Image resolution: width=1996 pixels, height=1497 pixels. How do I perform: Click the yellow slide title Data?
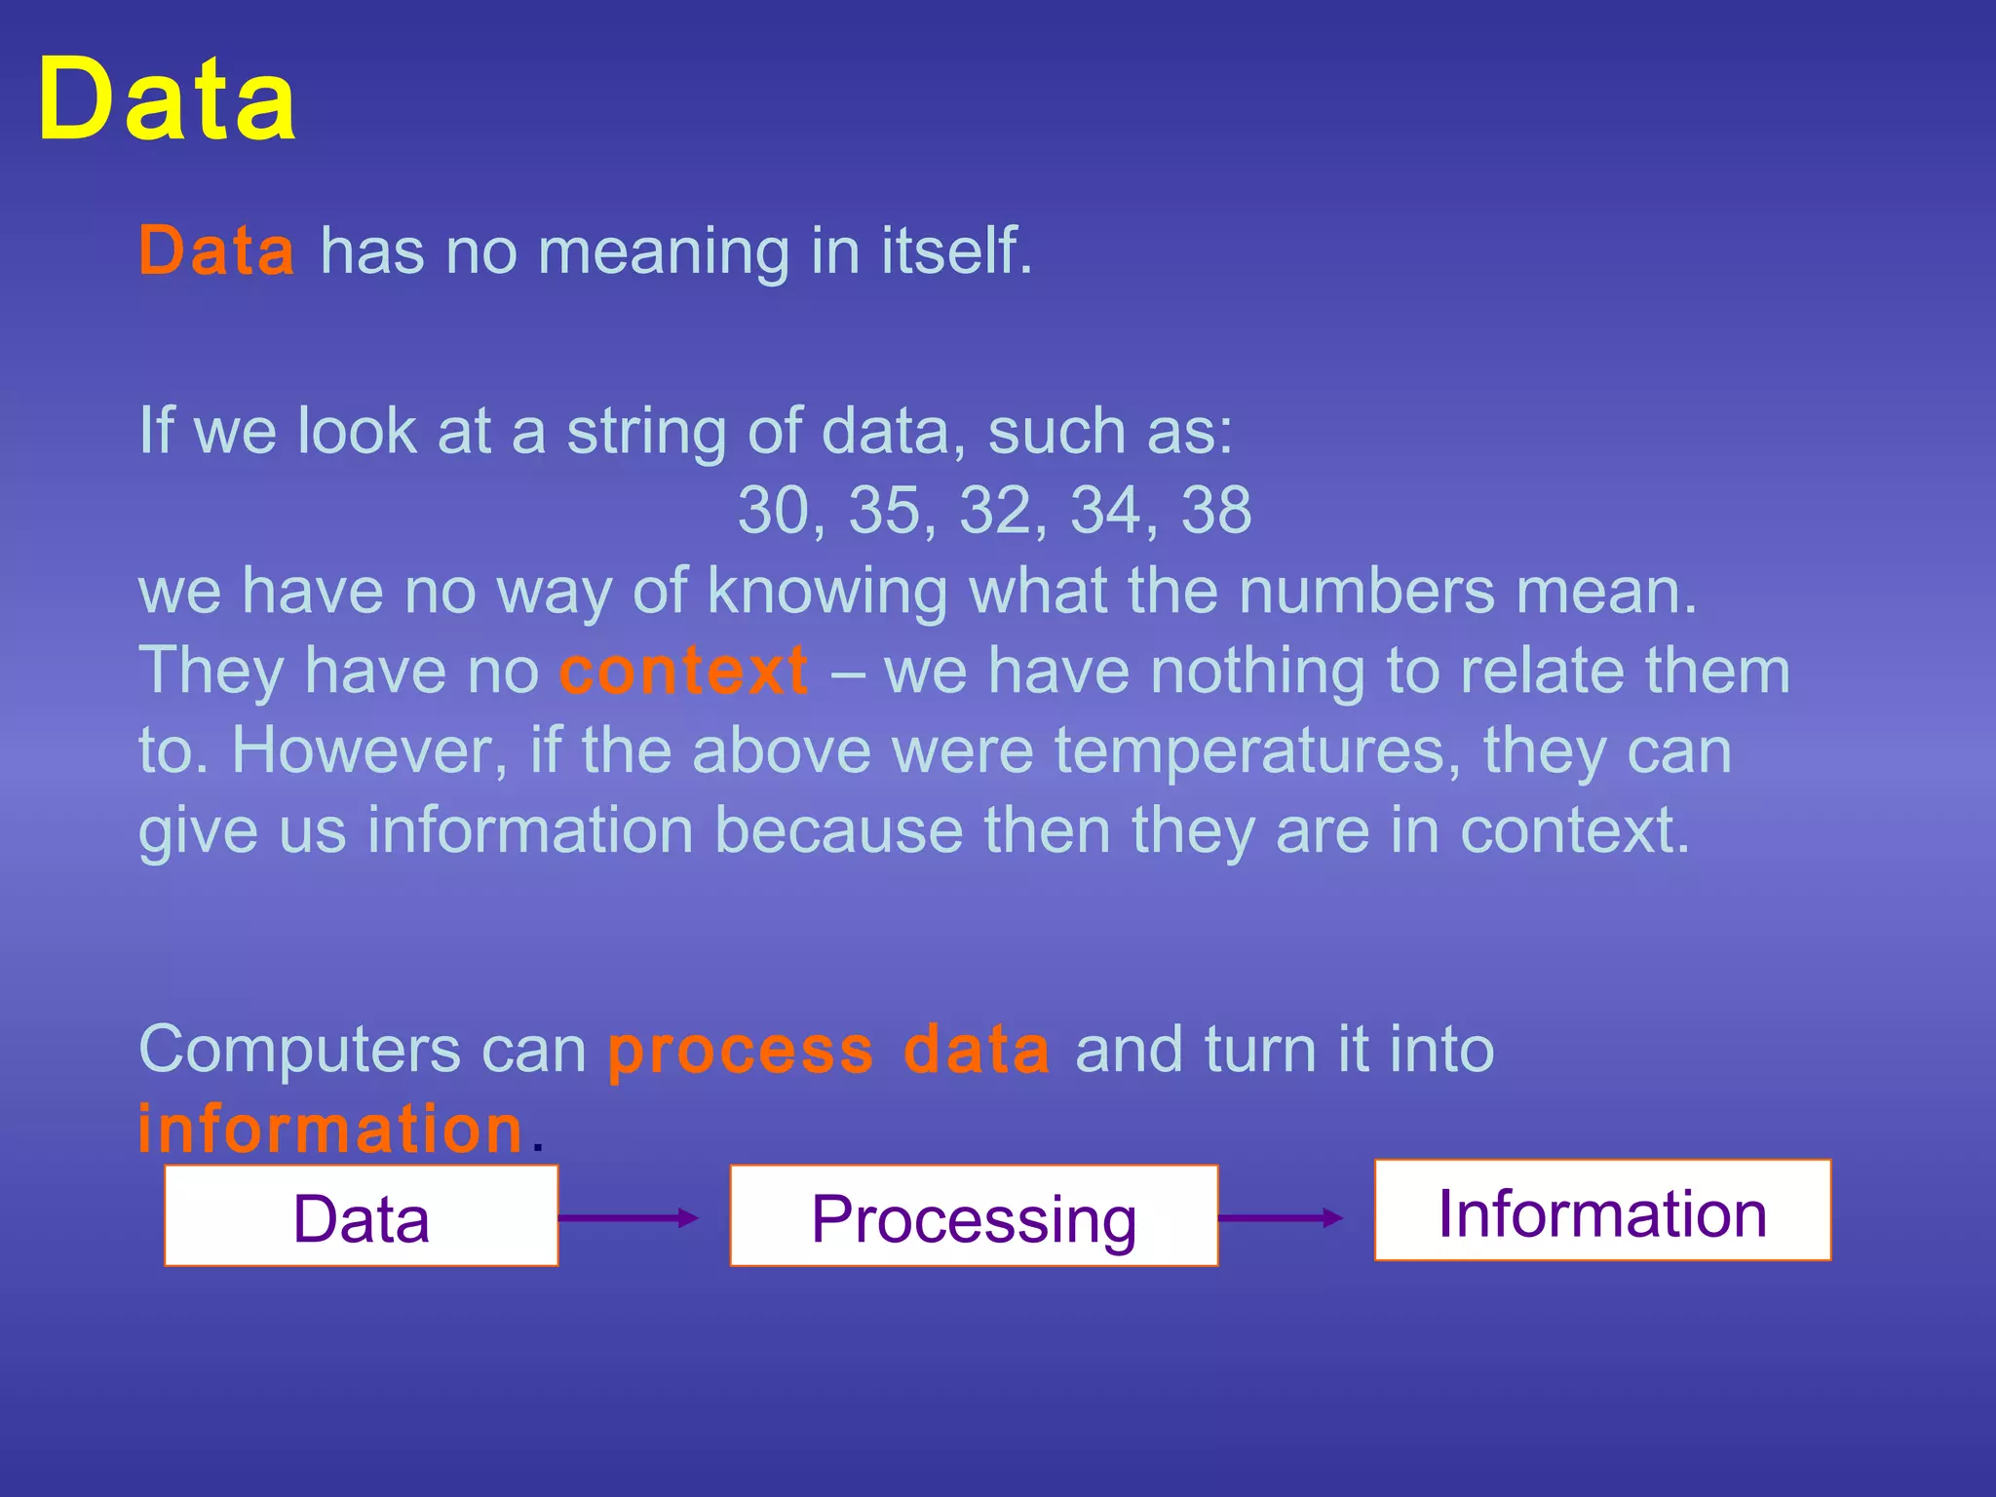tap(167, 100)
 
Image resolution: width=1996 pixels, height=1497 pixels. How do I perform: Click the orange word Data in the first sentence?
tap(216, 250)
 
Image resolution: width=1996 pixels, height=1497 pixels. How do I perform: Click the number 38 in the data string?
tap(1216, 510)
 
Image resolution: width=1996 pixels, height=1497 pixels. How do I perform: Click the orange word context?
tap(683, 671)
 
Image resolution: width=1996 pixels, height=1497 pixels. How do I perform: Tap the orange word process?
tap(741, 1052)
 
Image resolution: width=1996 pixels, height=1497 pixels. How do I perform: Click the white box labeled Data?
tap(362, 1216)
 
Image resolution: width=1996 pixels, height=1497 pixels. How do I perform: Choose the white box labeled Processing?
tap(974, 1216)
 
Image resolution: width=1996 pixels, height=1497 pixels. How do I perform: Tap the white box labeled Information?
tap(1602, 1210)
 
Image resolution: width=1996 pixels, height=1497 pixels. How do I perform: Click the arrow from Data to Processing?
tap(630, 1217)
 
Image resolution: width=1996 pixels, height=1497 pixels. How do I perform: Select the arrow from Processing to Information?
tap(1281, 1217)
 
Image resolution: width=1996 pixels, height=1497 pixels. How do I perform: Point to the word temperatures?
tap(1257, 751)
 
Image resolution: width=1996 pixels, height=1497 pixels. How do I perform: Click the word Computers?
tap(300, 1052)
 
